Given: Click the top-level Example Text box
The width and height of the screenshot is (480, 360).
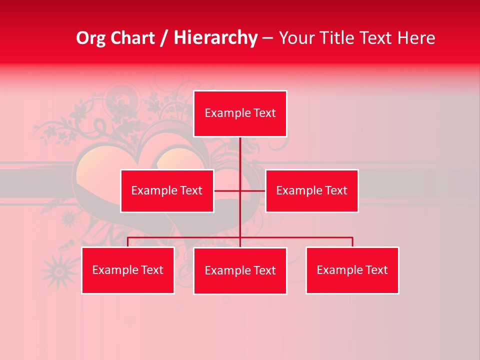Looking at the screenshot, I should click(x=240, y=113).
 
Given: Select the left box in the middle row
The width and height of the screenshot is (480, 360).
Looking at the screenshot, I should click(x=167, y=190).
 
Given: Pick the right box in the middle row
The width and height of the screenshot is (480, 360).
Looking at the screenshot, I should click(x=311, y=190).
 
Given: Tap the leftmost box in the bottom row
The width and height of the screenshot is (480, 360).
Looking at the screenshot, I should click(x=127, y=270).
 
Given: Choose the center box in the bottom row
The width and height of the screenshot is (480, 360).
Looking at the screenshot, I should click(x=240, y=270).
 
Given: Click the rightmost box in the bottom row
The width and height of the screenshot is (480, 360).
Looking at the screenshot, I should click(x=352, y=270).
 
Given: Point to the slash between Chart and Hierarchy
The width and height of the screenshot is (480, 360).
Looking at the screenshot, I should click(x=164, y=38).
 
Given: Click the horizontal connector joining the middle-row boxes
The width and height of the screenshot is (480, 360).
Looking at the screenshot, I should click(x=227, y=190).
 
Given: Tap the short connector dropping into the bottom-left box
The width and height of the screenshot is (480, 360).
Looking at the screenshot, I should click(x=127, y=242).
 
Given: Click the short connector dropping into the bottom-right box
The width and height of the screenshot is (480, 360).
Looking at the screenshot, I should click(x=352, y=242).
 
